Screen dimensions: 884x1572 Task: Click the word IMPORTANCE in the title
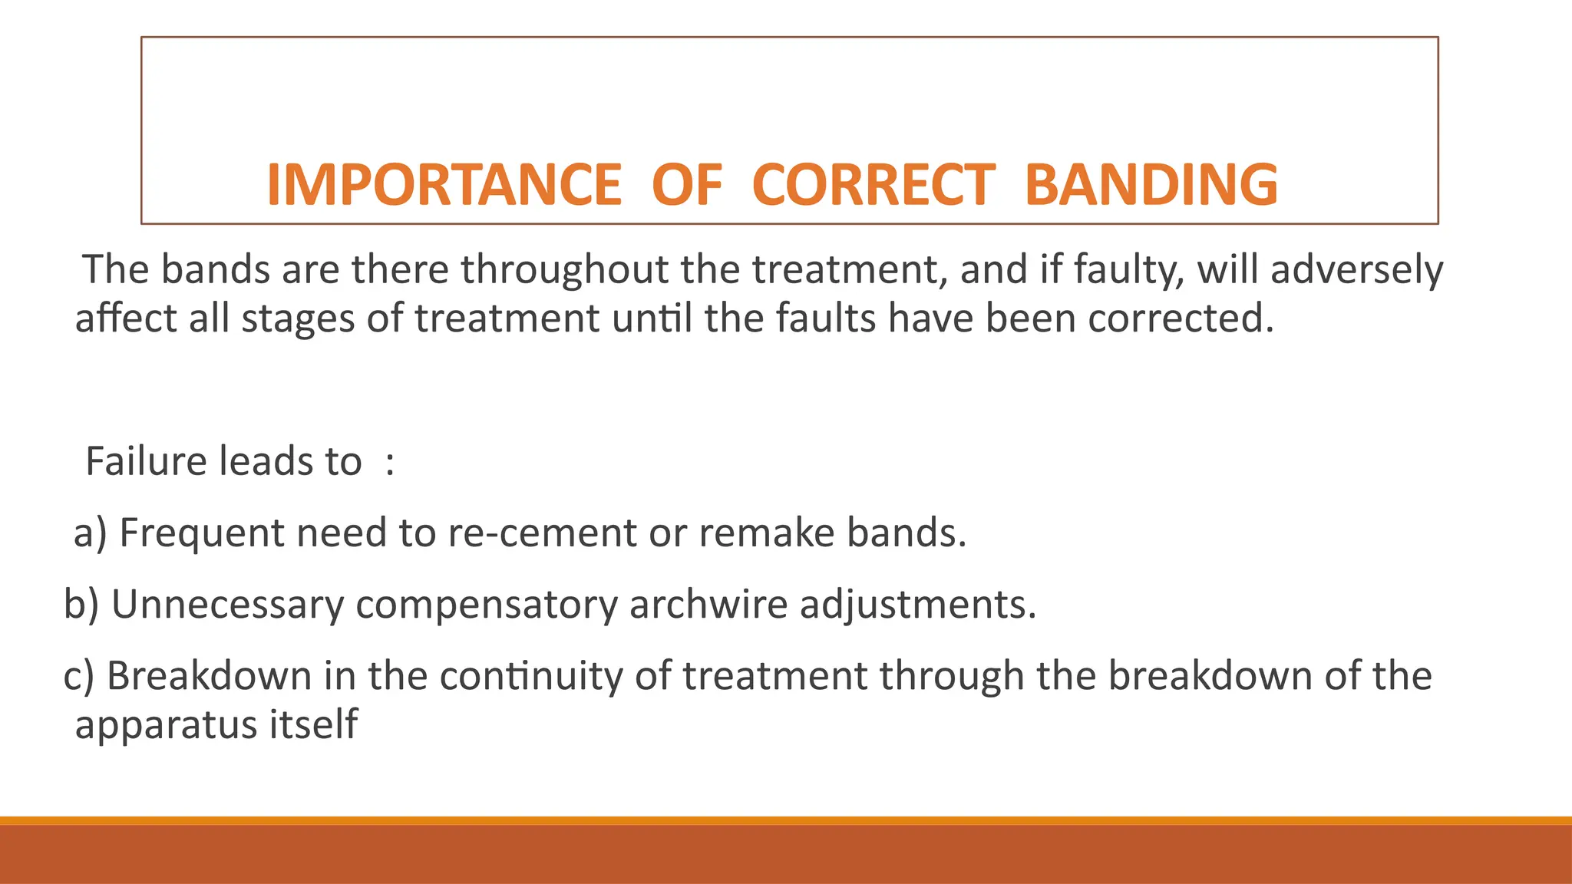coord(444,185)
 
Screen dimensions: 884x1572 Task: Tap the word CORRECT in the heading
coord(874,185)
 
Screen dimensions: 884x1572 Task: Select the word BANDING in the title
coord(1151,185)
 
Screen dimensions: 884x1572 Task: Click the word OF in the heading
coord(687,185)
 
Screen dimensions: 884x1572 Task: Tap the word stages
coord(298,318)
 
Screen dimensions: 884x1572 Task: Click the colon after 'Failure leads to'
coord(390,463)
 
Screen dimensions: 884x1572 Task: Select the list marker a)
coord(90,533)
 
